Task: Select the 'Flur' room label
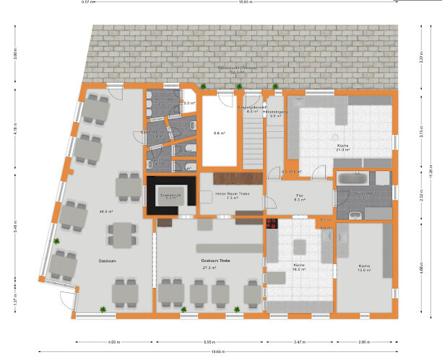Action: (300, 196)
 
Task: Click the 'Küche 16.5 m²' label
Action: (299, 267)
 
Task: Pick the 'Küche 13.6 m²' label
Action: (365, 267)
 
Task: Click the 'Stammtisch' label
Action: (170, 194)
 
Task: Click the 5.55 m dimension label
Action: (210, 342)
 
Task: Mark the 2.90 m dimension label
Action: (365, 342)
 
